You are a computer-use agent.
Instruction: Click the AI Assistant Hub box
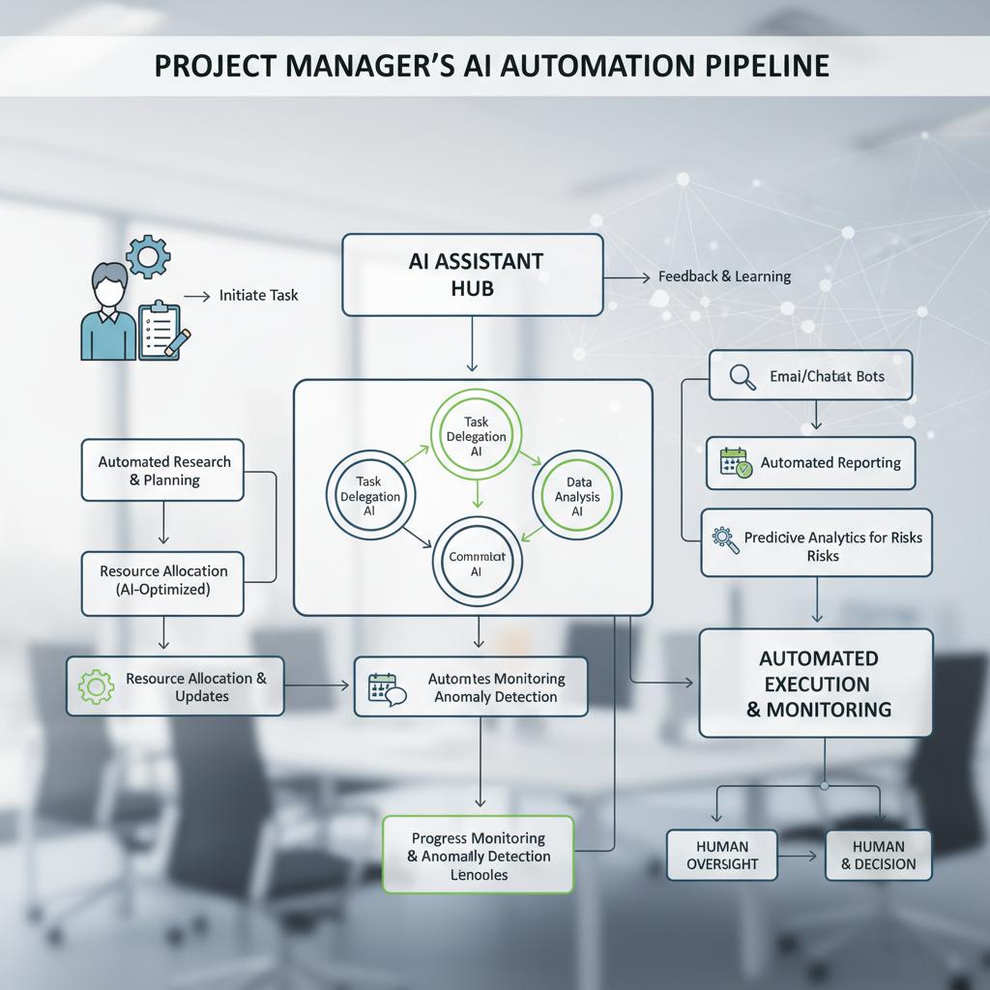point(472,275)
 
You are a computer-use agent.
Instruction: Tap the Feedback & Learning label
point(724,277)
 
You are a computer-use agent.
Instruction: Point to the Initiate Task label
point(258,295)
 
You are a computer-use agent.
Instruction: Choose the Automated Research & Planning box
point(162,471)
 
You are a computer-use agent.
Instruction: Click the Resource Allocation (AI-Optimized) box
point(162,580)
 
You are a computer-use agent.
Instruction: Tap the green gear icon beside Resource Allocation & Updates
point(96,686)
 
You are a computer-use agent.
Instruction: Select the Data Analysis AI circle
point(577,496)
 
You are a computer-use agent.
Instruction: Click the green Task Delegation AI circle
point(476,437)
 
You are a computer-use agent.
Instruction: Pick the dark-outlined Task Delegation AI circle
point(369,497)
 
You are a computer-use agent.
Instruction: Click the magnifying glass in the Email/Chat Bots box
point(742,377)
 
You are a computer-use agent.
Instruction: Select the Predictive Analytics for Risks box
point(816,544)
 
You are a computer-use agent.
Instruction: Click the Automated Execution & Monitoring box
point(816,684)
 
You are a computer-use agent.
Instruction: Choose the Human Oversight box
point(722,855)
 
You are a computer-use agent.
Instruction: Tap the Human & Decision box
point(878,855)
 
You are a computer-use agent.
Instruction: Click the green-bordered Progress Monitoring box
point(478,855)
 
